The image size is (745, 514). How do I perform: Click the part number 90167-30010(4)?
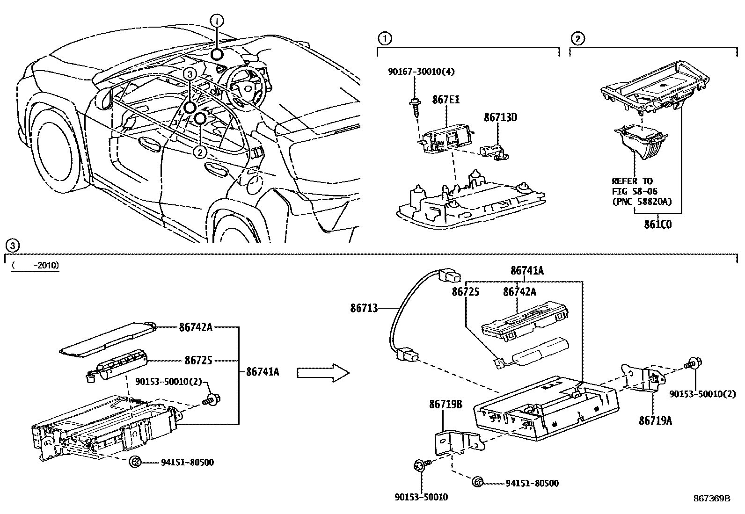click(421, 72)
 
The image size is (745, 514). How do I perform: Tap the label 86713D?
click(500, 117)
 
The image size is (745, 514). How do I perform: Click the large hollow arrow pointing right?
click(323, 372)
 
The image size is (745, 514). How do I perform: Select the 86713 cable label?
click(364, 308)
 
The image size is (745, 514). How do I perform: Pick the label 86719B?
click(446, 404)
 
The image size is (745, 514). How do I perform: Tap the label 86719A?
click(655, 420)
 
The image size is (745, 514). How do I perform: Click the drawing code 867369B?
click(711, 499)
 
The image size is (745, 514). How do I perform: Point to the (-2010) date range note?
click(36, 266)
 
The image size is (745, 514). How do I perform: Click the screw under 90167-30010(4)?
click(415, 104)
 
